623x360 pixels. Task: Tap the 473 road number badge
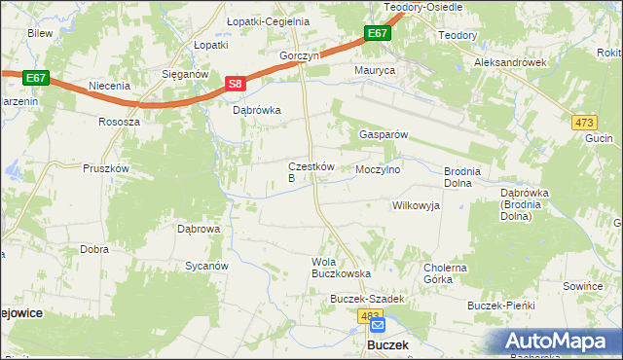click(x=583, y=121)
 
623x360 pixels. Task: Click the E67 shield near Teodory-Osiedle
click(x=378, y=34)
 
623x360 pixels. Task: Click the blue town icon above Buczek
click(x=378, y=328)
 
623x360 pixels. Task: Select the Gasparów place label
click(x=383, y=134)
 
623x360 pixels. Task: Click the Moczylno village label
click(x=379, y=169)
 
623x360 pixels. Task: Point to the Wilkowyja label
click(x=416, y=205)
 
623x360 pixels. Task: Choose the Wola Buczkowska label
click(x=335, y=268)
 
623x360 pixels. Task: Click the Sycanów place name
click(x=206, y=265)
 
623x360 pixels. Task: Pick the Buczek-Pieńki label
click(x=502, y=306)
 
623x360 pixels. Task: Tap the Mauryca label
click(x=375, y=71)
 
